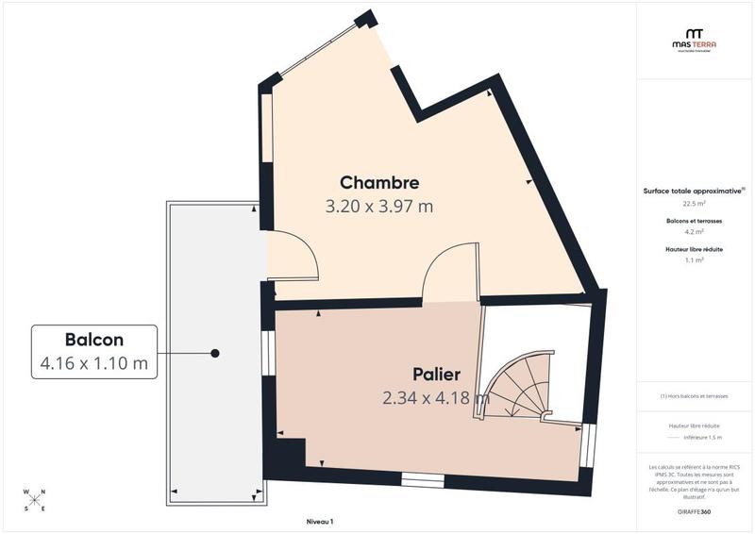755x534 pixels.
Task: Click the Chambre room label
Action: pyautogui.click(x=379, y=182)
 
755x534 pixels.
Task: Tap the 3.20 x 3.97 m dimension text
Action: pyautogui.click(x=379, y=207)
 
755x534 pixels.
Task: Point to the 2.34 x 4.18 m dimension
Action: pyautogui.click(x=436, y=398)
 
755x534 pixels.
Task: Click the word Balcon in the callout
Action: pyautogui.click(x=94, y=340)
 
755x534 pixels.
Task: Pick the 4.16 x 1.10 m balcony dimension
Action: pyautogui.click(x=94, y=363)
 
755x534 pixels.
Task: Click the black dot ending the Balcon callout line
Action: pyautogui.click(x=215, y=353)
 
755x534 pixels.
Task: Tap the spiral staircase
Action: pyautogui.click(x=519, y=387)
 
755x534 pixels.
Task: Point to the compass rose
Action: pyautogui.click(x=35, y=500)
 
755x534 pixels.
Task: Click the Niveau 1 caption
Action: pyautogui.click(x=320, y=521)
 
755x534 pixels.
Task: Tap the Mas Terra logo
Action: pyautogui.click(x=694, y=40)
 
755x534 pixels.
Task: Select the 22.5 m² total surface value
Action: pyautogui.click(x=694, y=203)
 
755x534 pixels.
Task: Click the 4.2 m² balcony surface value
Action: pyautogui.click(x=694, y=231)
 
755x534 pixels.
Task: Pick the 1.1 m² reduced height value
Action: pyautogui.click(x=694, y=259)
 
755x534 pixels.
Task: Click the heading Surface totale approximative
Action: pyautogui.click(x=693, y=191)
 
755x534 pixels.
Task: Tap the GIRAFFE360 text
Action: pyautogui.click(x=694, y=510)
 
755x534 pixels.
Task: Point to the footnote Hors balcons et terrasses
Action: pyautogui.click(x=694, y=396)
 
